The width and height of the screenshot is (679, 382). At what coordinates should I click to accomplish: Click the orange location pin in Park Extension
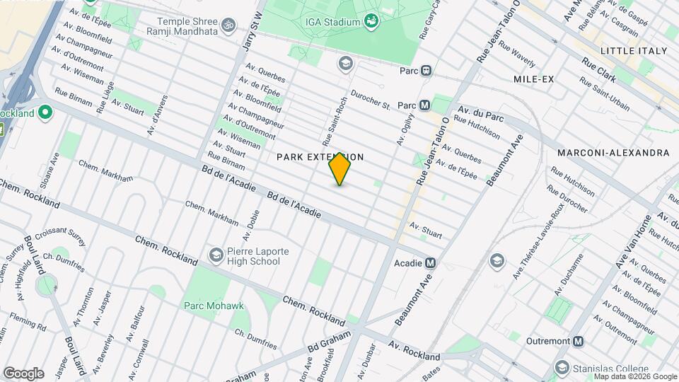(339, 169)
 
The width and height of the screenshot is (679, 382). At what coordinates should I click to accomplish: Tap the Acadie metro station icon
(430, 263)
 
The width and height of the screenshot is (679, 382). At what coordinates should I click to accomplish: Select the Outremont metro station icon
(579, 340)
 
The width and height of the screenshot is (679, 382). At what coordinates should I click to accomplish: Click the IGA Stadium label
(332, 22)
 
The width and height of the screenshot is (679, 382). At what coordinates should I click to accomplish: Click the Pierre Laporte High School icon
(216, 254)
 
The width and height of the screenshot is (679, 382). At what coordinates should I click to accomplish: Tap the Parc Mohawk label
(213, 306)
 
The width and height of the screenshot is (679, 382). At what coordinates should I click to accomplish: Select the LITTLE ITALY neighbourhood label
(633, 51)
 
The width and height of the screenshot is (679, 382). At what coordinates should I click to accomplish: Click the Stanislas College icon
(562, 368)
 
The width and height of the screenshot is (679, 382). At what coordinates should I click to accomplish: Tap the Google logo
(23, 373)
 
